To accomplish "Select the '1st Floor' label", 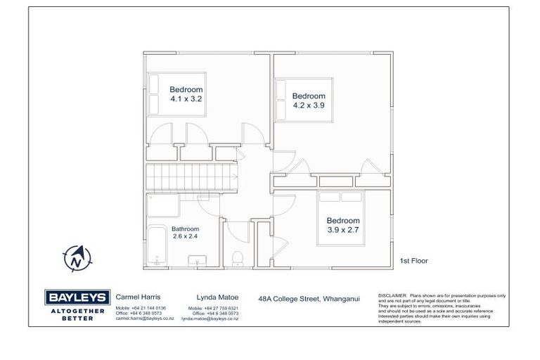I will [x=413, y=261].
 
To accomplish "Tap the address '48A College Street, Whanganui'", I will [x=309, y=299].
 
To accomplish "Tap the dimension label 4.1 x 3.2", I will [x=186, y=100].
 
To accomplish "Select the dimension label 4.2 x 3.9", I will [x=309, y=105].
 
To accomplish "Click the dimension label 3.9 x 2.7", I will [x=342, y=230].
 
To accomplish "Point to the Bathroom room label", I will [x=185, y=229].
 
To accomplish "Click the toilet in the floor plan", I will [x=238, y=258].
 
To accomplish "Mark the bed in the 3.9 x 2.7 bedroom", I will [x=343, y=217].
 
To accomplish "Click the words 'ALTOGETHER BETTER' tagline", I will [x=75, y=314].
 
